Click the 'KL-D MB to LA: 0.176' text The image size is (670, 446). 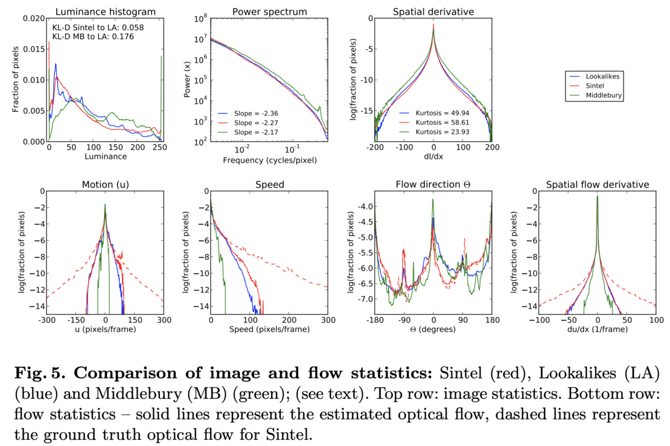click(x=93, y=36)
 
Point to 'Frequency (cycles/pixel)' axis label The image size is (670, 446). click(x=269, y=161)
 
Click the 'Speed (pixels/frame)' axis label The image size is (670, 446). click(x=269, y=330)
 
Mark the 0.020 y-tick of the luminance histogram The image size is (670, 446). click(x=33, y=18)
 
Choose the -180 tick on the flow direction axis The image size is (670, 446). click(x=375, y=319)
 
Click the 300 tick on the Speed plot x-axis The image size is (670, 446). click(x=327, y=319)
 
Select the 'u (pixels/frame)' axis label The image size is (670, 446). click(x=105, y=330)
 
